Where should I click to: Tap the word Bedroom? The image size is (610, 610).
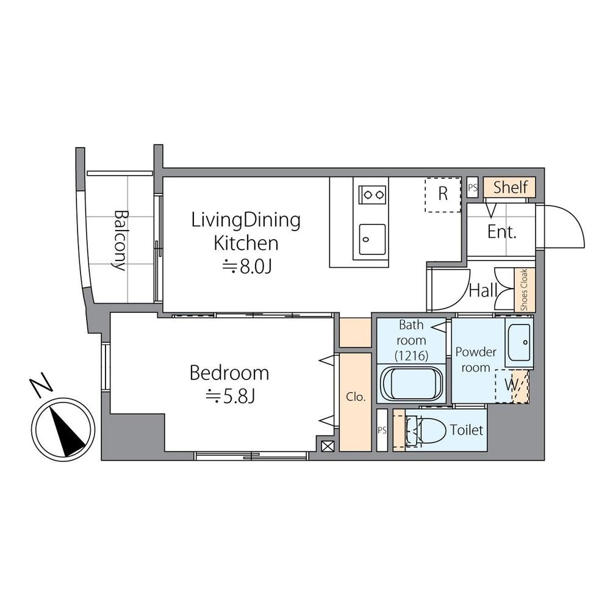(229, 373)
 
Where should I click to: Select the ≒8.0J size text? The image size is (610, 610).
(246, 267)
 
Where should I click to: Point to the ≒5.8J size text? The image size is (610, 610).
(230, 396)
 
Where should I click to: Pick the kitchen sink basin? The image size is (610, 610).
(372, 238)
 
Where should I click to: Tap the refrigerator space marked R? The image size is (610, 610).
(443, 195)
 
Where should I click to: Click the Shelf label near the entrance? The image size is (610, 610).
(511, 187)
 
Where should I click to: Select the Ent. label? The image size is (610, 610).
(501, 232)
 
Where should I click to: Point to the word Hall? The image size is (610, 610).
(483, 290)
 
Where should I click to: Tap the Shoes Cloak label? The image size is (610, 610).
(525, 290)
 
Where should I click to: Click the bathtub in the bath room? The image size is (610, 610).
(411, 382)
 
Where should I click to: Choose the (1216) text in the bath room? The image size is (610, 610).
(411, 356)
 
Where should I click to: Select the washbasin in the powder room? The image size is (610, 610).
(519, 342)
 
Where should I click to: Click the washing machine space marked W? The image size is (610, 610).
(512, 386)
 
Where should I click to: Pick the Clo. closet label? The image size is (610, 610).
(356, 397)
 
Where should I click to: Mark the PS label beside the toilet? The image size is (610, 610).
(382, 430)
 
